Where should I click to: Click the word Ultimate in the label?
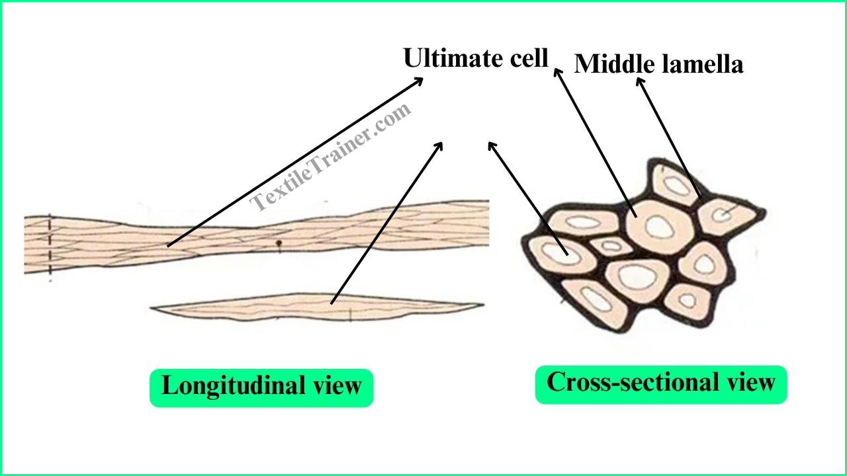(453, 58)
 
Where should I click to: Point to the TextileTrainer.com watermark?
(330, 157)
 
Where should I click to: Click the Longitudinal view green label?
(261, 388)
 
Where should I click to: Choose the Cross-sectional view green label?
(661, 385)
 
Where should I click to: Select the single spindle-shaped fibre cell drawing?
(317, 307)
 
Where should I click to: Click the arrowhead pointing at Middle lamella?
(639, 81)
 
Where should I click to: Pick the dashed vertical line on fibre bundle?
(50, 247)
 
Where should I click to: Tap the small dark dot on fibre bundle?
(279, 243)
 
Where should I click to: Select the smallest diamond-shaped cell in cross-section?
(611, 247)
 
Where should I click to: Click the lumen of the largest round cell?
(660, 227)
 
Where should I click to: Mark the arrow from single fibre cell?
(386, 223)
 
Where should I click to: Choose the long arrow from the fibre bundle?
(295, 162)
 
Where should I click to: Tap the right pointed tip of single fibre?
(484, 304)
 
